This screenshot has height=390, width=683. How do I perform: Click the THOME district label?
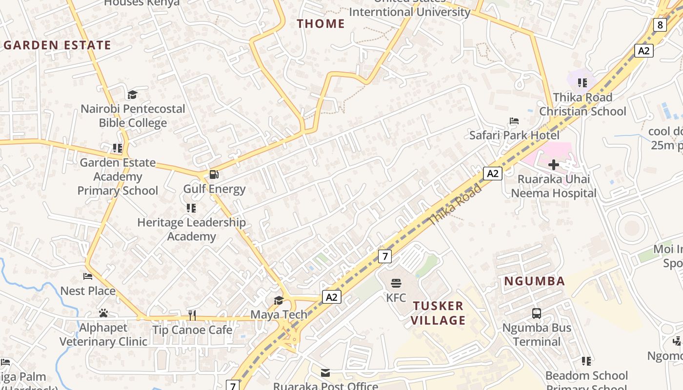pyautogui.click(x=321, y=23)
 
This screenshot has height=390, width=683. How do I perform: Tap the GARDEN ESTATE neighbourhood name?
pyautogui.click(x=58, y=45)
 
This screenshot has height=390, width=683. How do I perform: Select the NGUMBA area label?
pyautogui.click(x=534, y=281)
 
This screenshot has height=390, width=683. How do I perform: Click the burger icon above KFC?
pyautogui.click(x=396, y=283)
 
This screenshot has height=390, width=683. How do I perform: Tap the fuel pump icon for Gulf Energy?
pyautogui.click(x=214, y=175)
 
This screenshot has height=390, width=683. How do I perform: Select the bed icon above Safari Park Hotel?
pyautogui.click(x=514, y=121)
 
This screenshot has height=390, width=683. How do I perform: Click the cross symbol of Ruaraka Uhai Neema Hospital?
pyautogui.click(x=553, y=165)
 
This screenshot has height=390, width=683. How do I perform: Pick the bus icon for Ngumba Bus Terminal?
pyautogui.click(x=536, y=313)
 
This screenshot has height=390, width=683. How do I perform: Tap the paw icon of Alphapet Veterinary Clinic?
pyautogui.click(x=103, y=313)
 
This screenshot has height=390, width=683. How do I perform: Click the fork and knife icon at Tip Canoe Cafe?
pyautogui.click(x=192, y=315)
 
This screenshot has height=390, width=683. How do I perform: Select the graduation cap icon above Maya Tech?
pyautogui.click(x=279, y=300)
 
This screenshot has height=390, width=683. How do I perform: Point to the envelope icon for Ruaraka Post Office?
pyautogui.click(x=325, y=373)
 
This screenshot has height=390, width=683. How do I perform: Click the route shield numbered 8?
pyautogui.click(x=660, y=25)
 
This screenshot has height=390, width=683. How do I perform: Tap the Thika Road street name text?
pyautogui.click(x=455, y=205)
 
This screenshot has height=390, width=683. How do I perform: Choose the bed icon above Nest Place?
pyautogui.click(x=88, y=276)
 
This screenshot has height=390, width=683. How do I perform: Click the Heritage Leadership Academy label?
pyautogui.click(x=191, y=229)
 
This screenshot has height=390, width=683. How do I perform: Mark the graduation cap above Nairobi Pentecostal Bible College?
pyautogui.click(x=132, y=95)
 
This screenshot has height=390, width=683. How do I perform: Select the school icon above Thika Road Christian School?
pyautogui.click(x=582, y=83)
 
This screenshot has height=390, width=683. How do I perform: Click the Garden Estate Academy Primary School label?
pyautogui.click(x=118, y=176)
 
